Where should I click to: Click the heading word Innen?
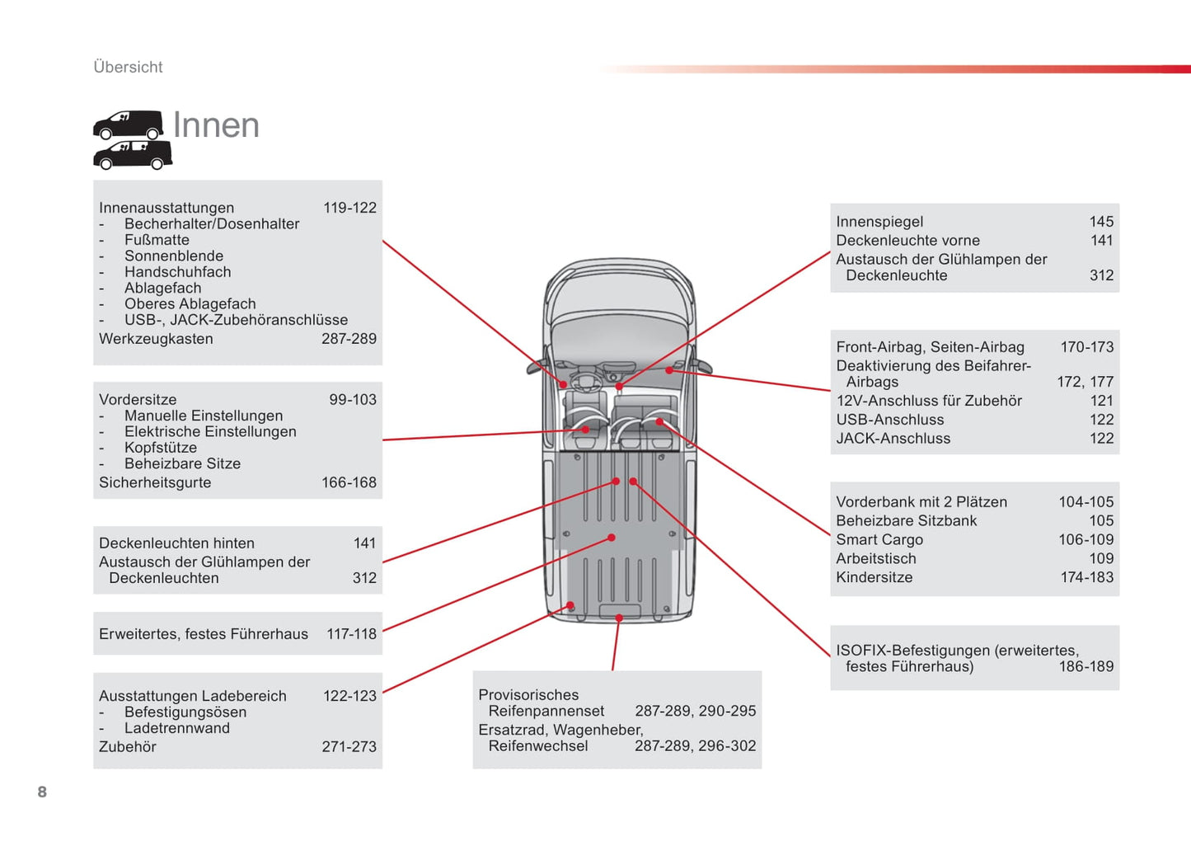[217, 125]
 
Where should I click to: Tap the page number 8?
[42, 792]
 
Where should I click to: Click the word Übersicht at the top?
[128, 67]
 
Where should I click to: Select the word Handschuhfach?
[177, 272]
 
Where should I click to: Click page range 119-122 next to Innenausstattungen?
[349, 208]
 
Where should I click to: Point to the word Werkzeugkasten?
[156, 338]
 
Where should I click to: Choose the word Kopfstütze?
[161, 448]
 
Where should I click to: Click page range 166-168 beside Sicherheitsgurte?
[349, 482]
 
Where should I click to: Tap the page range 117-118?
[351, 634]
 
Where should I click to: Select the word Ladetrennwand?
[177, 728]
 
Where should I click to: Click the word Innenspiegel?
[879, 221]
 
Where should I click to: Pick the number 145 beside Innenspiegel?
[1101, 221]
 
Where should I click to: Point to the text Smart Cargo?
[879, 539]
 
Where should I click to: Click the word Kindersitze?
[874, 576]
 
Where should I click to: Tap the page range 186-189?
[1086, 666]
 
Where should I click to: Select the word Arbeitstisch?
[876, 558]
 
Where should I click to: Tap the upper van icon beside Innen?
[128, 125]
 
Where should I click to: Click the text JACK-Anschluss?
[893, 438]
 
